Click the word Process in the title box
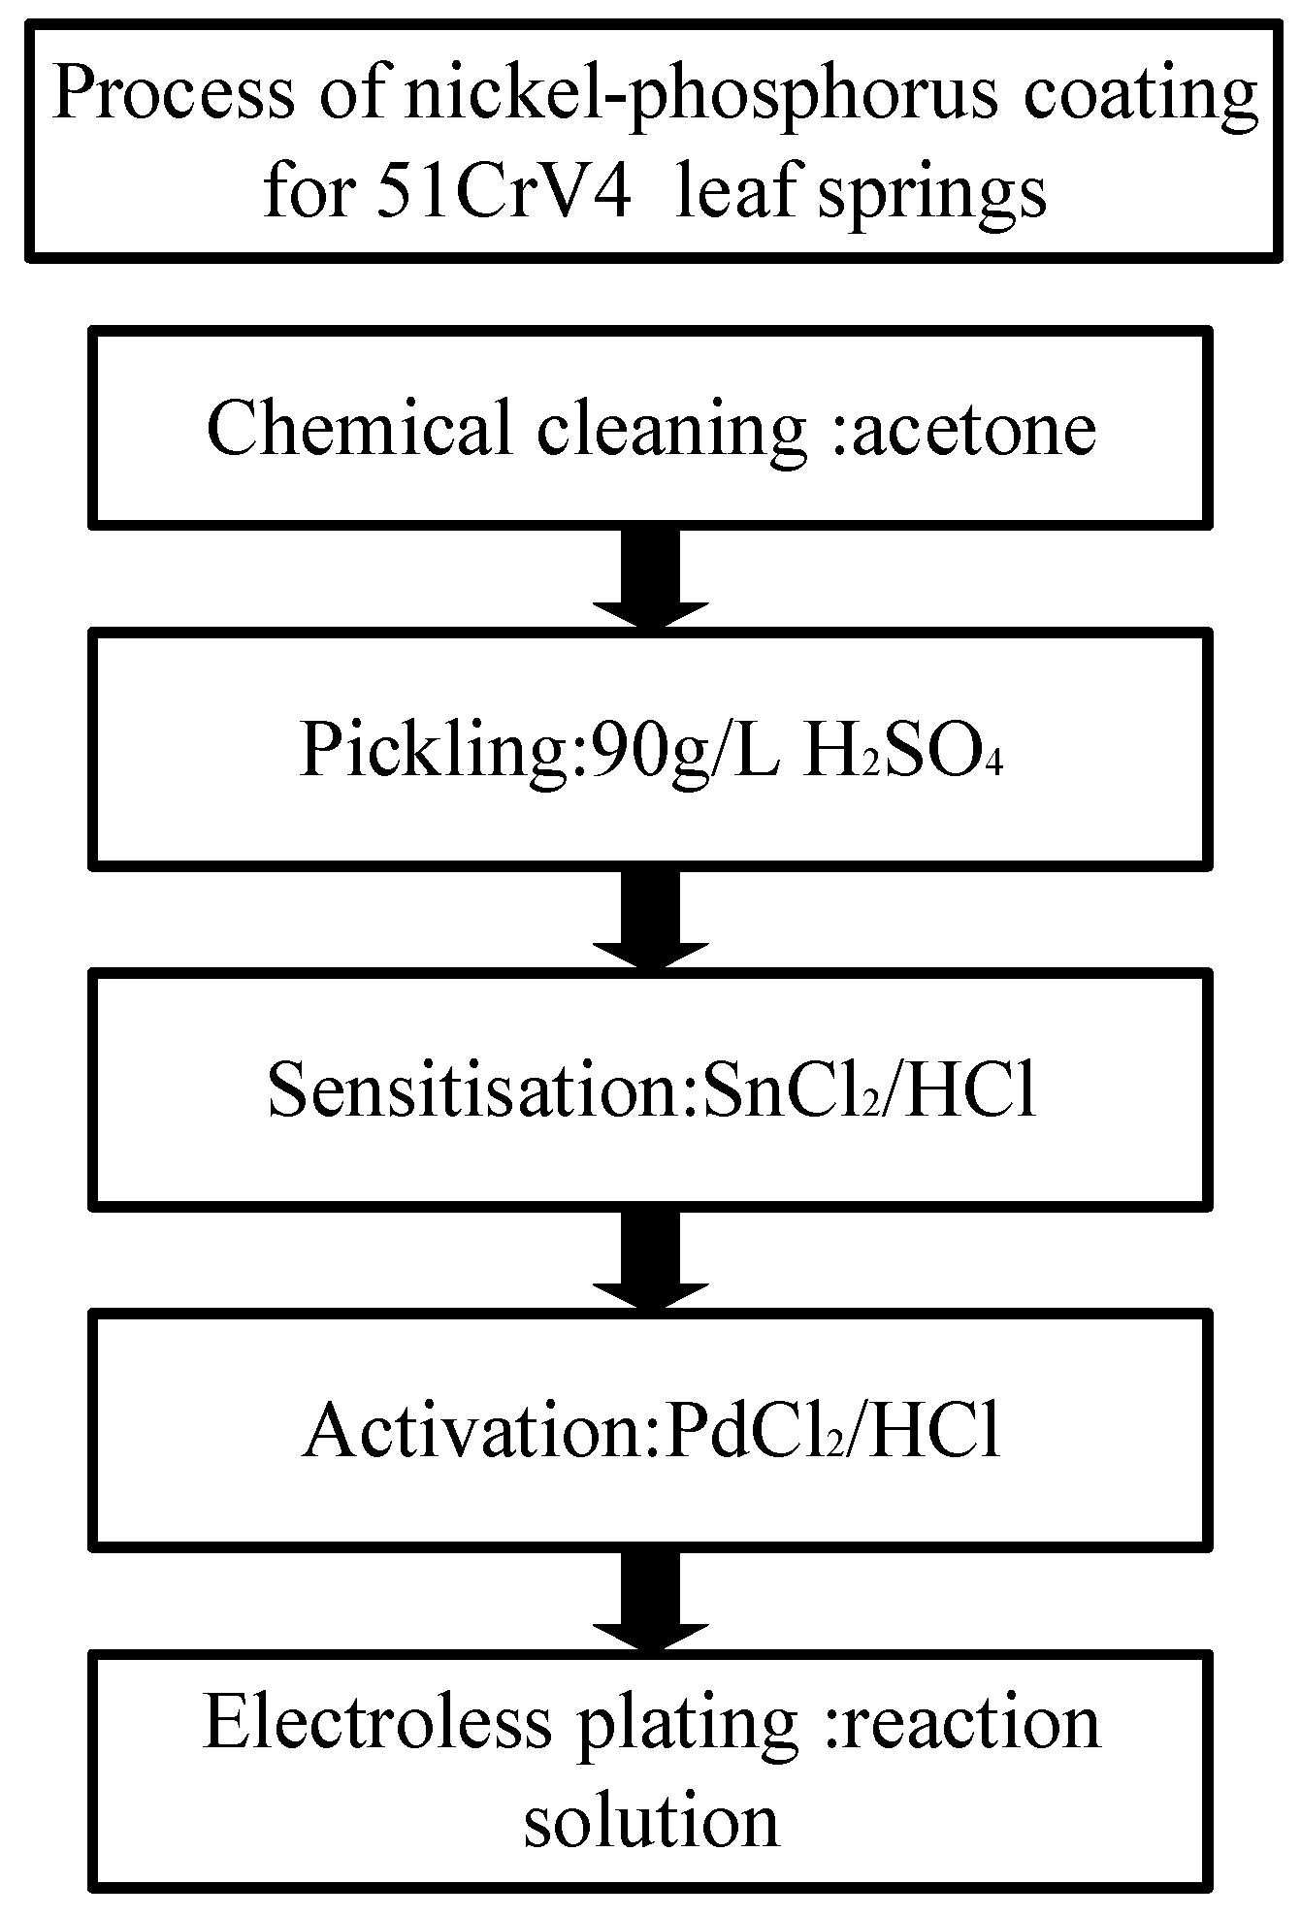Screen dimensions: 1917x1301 pyautogui.click(x=174, y=94)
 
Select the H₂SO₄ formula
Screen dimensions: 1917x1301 pyautogui.click(x=901, y=750)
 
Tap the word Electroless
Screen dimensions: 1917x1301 pyautogui.click(x=377, y=1722)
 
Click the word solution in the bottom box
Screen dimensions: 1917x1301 pyautogui.click(x=651, y=1820)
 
